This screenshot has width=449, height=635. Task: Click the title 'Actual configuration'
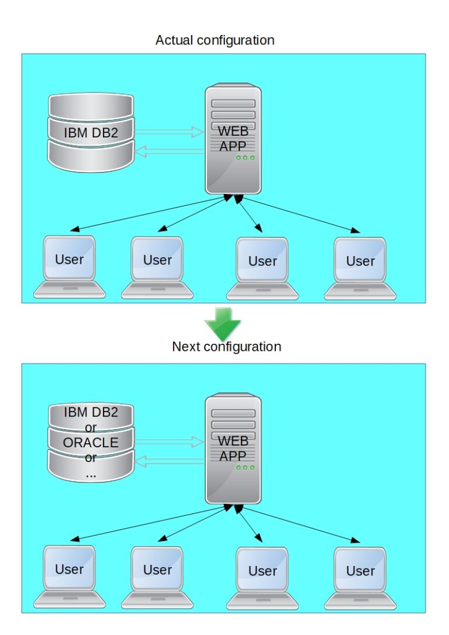[x=215, y=40]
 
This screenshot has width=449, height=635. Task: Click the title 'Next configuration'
[x=226, y=346]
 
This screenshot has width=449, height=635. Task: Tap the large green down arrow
[x=223, y=323]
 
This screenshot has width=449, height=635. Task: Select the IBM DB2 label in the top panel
[x=91, y=133]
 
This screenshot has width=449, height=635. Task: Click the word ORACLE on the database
[x=91, y=443]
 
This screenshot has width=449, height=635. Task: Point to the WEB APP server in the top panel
[x=233, y=140]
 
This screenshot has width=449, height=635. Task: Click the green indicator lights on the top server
[x=245, y=158]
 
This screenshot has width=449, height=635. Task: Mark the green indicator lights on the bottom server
[x=245, y=467]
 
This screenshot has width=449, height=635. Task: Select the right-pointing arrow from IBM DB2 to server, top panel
[x=169, y=132]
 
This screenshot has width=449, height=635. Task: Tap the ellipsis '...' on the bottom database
[x=91, y=474]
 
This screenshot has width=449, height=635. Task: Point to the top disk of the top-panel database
[x=91, y=105]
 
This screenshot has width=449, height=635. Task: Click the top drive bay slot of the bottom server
[x=233, y=412]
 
